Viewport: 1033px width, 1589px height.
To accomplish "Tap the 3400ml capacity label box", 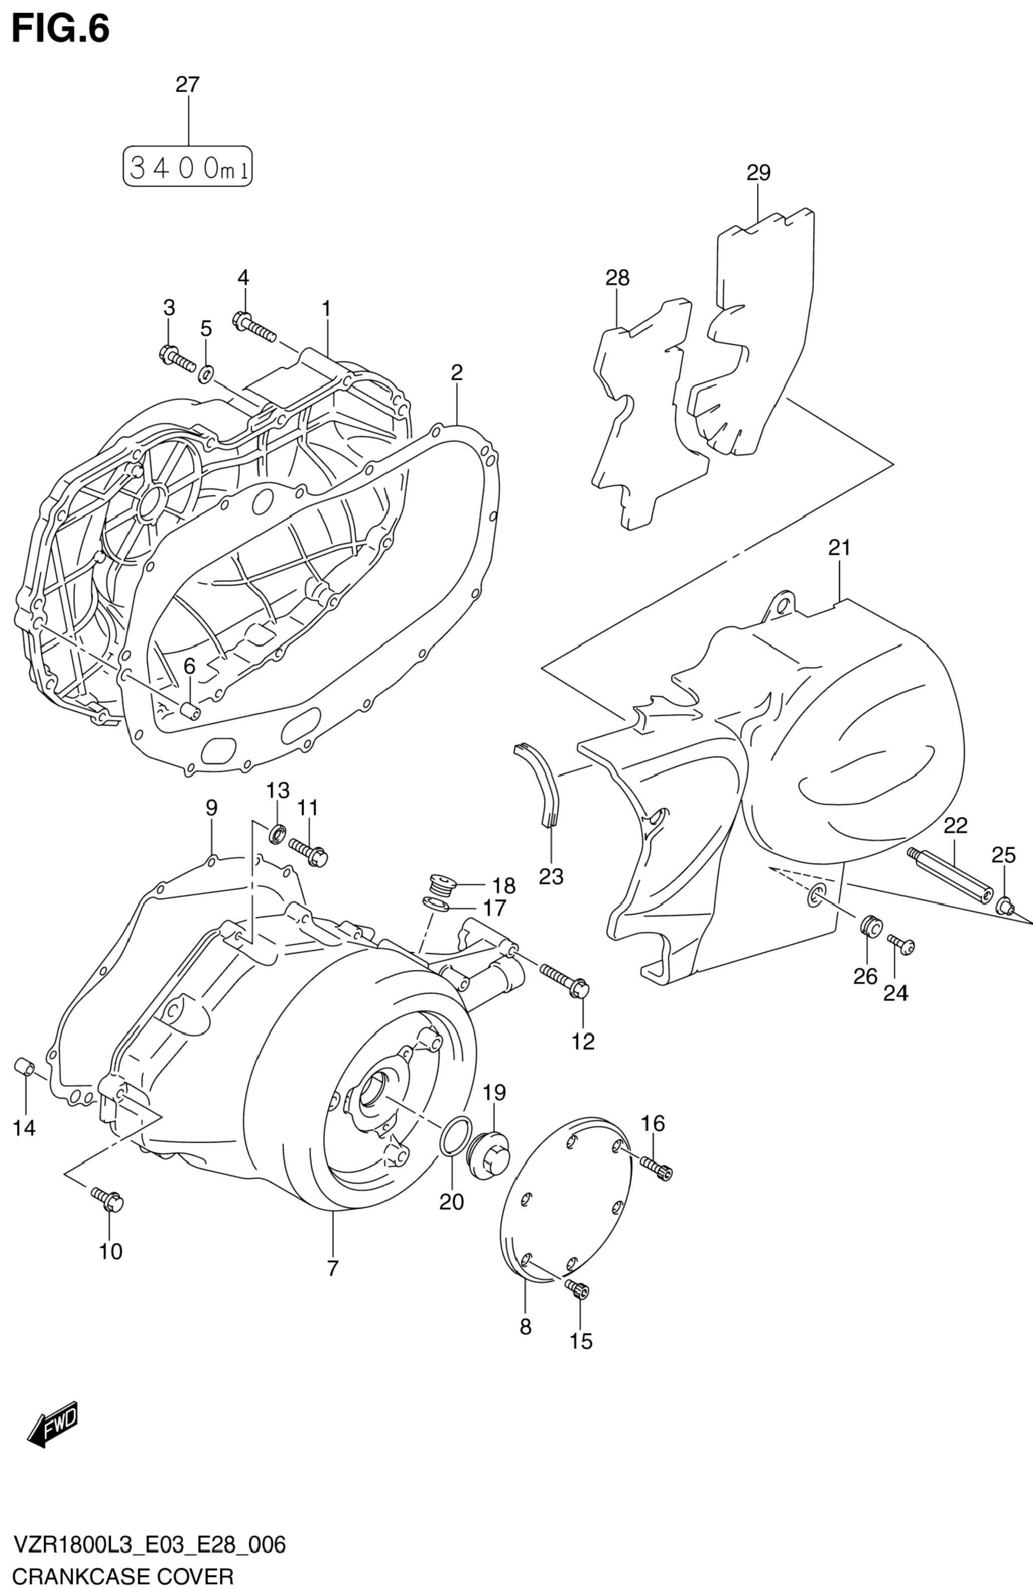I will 188,166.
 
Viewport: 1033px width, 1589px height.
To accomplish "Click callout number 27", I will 188,85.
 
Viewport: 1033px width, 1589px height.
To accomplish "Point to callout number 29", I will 758,173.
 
